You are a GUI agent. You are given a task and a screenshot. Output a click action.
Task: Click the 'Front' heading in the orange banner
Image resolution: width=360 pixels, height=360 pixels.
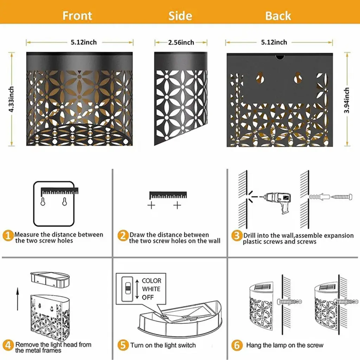77,16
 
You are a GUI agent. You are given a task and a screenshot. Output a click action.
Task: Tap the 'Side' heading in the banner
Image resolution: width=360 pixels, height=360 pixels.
180,16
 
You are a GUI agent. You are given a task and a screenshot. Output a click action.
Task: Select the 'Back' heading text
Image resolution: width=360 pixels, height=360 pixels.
278,16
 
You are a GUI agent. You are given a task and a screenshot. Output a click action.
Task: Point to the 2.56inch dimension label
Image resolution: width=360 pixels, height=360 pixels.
181,43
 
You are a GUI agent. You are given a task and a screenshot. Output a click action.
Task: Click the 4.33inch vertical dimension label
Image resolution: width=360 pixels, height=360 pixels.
11,99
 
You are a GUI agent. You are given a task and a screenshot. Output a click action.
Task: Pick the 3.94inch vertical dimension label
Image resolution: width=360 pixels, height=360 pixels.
347,100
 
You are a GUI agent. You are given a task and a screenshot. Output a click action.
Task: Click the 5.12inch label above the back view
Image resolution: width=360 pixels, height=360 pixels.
274,42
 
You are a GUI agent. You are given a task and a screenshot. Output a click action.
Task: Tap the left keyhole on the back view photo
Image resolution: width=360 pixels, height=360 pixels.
260,78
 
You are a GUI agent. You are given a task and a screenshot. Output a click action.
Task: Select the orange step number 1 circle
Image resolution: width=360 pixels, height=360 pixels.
8,236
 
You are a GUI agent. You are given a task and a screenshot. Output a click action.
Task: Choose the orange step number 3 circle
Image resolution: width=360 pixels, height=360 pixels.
237,236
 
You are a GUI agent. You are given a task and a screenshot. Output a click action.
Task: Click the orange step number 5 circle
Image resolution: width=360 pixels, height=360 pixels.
123,345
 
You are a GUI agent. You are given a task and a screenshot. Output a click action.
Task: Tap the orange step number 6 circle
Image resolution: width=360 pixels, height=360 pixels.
237,345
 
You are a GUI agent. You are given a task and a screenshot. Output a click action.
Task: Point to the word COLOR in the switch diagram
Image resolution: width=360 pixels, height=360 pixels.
152,281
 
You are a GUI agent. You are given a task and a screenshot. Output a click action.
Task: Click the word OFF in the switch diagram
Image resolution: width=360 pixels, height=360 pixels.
148,297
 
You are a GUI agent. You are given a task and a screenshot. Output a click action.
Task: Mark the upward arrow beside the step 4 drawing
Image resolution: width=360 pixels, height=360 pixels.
18,300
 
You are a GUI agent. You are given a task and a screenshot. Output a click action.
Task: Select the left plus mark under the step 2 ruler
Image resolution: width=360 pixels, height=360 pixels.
151,205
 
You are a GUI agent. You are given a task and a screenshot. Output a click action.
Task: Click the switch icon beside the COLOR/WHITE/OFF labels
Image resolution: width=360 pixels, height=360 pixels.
127,289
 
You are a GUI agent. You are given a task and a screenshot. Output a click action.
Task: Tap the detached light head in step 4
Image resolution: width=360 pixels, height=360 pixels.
50,280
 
